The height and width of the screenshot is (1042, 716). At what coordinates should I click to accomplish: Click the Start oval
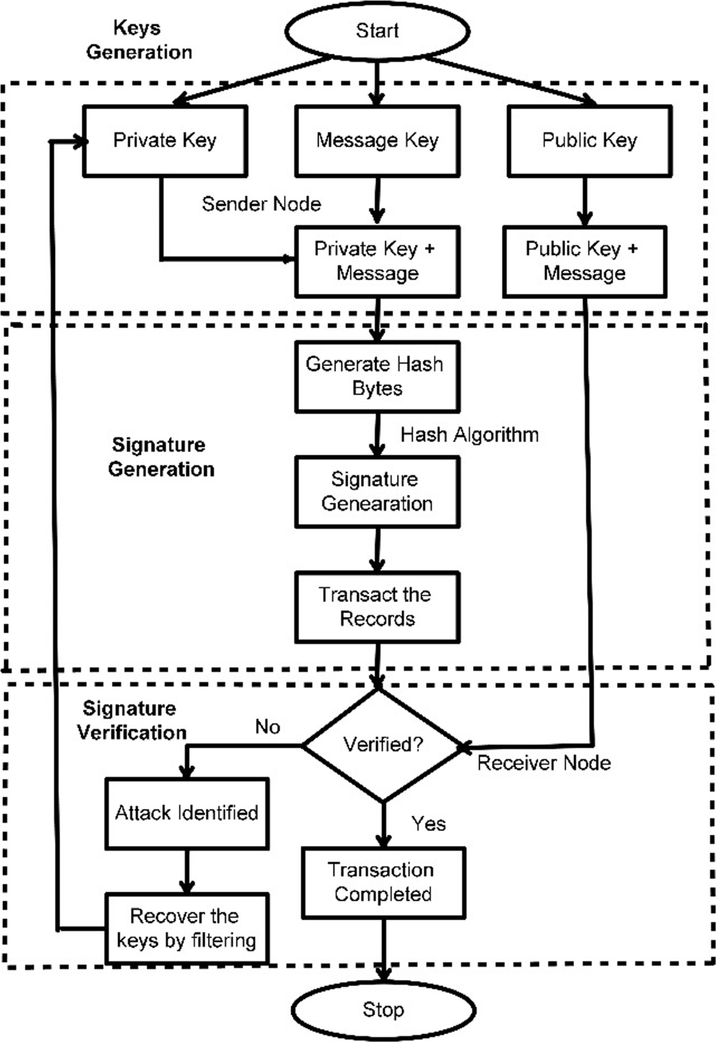[377, 31]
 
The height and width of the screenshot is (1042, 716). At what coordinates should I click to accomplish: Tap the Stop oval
[383, 1010]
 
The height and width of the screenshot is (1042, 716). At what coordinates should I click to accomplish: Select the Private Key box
[165, 141]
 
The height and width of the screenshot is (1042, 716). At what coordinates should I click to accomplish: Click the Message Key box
[377, 141]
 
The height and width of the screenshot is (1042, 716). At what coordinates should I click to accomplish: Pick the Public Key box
[590, 141]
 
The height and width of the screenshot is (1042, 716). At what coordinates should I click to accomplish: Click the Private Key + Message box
[377, 261]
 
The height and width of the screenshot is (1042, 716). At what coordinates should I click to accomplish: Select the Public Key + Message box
[584, 261]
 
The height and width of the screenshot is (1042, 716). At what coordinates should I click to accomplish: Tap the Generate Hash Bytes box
[377, 377]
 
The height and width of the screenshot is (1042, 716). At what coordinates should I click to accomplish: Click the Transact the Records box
[377, 607]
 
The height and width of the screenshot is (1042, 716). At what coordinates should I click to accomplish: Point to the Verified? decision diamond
[382, 745]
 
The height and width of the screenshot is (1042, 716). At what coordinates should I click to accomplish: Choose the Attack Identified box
[187, 813]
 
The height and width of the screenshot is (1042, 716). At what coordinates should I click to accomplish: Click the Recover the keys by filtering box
[187, 929]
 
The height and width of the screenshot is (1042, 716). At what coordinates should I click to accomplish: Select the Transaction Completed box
[383, 883]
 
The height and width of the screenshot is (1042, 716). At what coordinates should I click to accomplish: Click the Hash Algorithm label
[470, 434]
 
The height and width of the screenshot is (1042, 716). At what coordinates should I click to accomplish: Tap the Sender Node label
[261, 204]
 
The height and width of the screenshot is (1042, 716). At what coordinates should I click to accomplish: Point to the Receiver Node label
[544, 763]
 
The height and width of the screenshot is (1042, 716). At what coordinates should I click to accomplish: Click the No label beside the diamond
[267, 727]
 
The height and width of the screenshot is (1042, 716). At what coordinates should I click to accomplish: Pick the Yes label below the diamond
[428, 824]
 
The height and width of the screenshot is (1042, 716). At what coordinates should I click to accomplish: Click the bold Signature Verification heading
[132, 720]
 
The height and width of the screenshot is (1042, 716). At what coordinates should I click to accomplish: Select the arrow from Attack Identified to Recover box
[187, 871]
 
